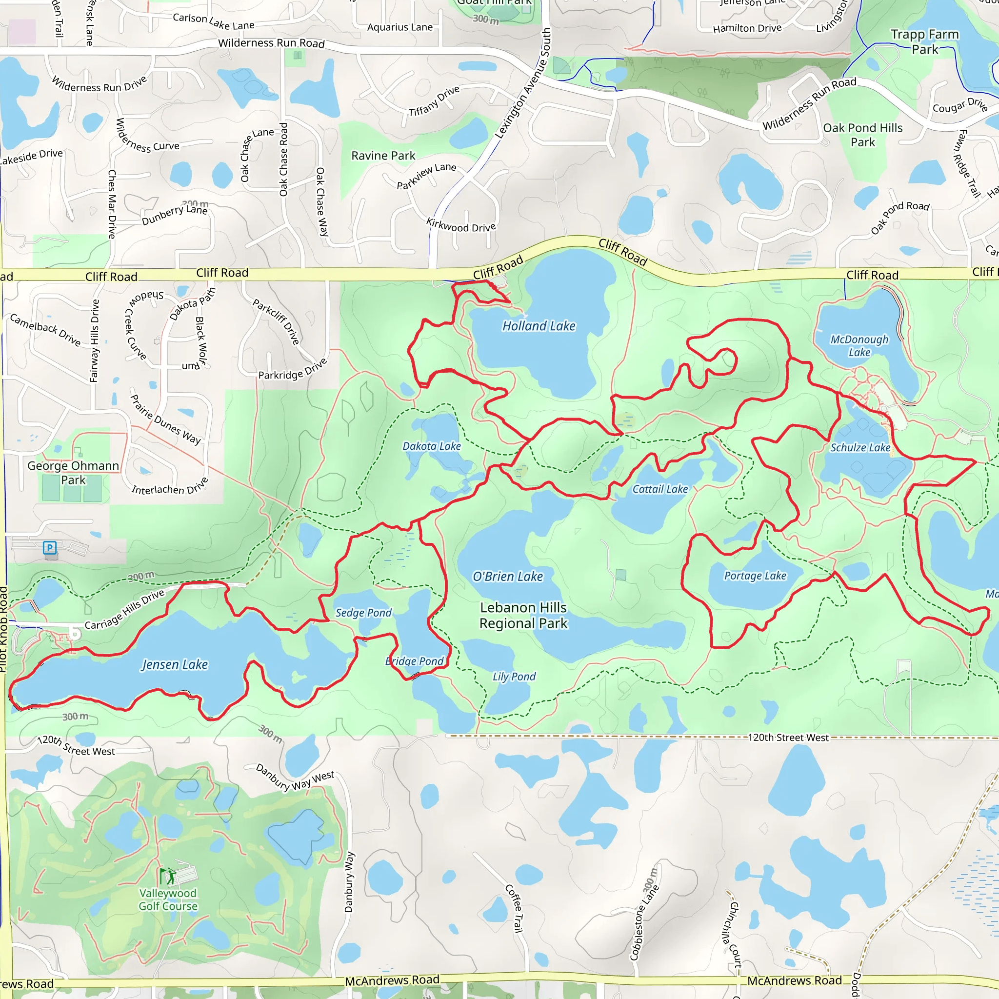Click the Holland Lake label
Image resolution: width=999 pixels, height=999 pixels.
pyautogui.click(x=539, y=326)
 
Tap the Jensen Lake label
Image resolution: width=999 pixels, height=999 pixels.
pyautogui.click(x=175, y=664)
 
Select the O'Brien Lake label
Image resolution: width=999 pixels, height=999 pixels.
pyautogui.click(x=508, y=577)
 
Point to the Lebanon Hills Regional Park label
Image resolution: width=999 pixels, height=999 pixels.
pyautogui.click(x=523, y=615)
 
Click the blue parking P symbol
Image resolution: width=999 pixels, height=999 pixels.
pyautogui.click(x=50, y=548)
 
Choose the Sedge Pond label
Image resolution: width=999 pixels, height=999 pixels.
pyautogui.click(x=363, y=613)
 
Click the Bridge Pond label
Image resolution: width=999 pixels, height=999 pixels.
pyautogui.click(x=414, y=661)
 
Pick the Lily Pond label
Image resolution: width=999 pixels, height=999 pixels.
pyautogui.click(x=514, y=677)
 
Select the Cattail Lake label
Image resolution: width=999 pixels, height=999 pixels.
pyautogui.click(x=660, y=489)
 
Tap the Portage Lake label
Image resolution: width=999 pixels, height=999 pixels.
pyautogui.click(x=755, y=576)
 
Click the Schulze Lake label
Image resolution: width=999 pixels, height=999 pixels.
pyautogui.click(x=860, y=447)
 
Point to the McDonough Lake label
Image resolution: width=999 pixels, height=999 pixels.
pyautogui.click(x=859, y=345)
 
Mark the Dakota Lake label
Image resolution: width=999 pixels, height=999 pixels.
pyautogui.click(x=432, y=446)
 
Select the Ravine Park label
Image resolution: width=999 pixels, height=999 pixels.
pyautogui.click(x=383, y=156)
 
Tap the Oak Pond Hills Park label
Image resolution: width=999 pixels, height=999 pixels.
pyautogui.click(x=862, y=135)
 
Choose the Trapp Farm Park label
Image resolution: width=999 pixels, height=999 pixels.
pyautogui.click(x=924, y=42)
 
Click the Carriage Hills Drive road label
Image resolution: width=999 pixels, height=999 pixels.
pyautogui.click(x=124, y=610)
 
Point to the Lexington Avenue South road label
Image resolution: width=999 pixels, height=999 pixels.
pyautogui.click(x=523, y=83)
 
